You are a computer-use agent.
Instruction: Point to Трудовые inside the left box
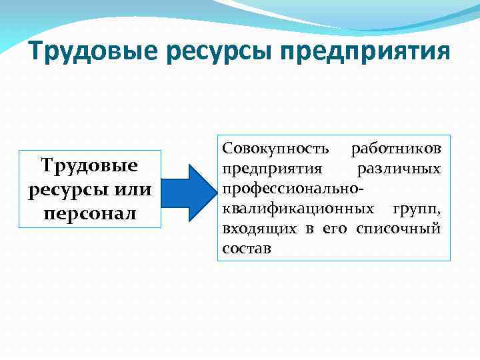click(89, 164)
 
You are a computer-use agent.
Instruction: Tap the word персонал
click(89, 214)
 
